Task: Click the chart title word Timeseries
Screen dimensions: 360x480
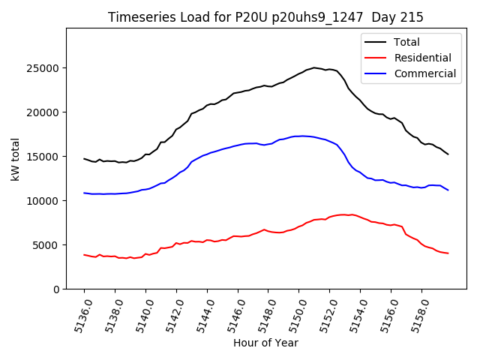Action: [137, 17]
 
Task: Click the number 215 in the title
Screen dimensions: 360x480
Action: [411, 17]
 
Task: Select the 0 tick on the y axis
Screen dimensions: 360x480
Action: [57, 289]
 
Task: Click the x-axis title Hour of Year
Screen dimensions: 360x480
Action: [265, 343]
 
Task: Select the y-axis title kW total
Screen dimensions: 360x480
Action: [15, 159]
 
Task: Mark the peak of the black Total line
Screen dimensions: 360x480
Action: [314, 67]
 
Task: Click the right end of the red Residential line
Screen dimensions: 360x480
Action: [448, 253]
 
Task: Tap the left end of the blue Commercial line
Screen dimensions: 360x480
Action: [84, 193]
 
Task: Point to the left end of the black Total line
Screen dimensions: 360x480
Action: [84, 158]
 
